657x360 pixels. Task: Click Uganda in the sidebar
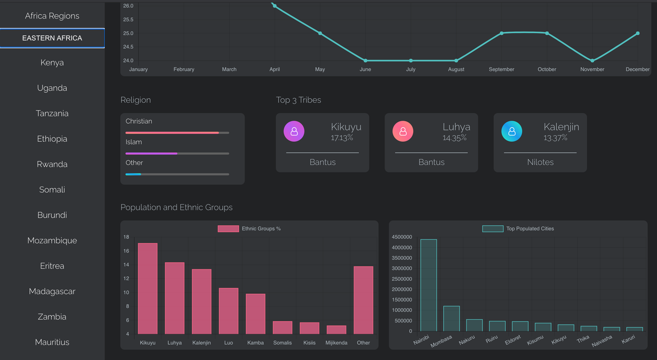coord(52,88)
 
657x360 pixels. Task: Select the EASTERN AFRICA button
coord(52,38)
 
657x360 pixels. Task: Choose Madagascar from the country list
coord(52,291)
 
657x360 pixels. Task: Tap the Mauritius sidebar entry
coord(52,342)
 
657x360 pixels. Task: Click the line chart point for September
coord(501,33)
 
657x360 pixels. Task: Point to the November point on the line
coord(592,61)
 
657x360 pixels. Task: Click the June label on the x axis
coord(365,69)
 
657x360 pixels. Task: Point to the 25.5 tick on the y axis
coord(128,20)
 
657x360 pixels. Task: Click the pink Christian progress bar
coord(172,132)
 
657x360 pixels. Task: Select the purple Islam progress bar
coord(151,154)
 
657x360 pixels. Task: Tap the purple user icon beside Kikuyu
coord(294,131)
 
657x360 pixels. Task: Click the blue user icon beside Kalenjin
coord(512,131)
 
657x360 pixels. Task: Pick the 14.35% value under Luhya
coord(455,138)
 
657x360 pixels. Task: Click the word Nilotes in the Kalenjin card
coord(540,162)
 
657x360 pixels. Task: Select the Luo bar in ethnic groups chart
coord(228,311)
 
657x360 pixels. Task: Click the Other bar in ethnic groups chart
coord(363,300)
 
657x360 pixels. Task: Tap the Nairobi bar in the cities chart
coord(429,285)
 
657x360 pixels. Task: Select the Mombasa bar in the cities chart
coord(451,318)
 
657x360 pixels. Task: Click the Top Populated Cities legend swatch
coord(492,229)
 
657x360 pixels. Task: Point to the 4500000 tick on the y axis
coord(401,237)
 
